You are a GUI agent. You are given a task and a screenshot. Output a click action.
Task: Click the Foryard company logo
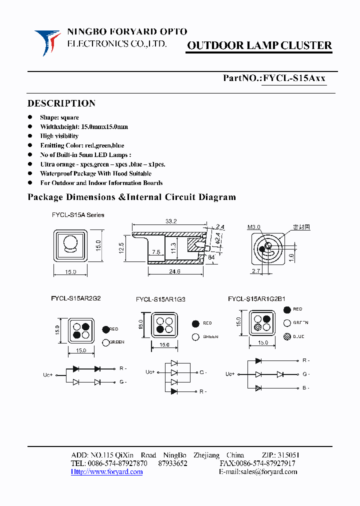[47, 41]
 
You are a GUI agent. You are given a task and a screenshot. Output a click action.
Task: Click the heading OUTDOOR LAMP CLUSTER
[259, 46]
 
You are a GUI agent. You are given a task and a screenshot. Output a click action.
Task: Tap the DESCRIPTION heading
[61, 103]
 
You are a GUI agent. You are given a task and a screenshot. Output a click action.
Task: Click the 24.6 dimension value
[173, 271]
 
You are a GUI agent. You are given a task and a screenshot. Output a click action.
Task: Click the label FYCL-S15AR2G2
[76, 298]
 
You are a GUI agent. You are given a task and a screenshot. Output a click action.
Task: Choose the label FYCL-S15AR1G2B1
[256, 299]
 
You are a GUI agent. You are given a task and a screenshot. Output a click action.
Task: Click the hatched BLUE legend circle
[286, 336]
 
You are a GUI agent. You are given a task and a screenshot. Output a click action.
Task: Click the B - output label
[306, 387]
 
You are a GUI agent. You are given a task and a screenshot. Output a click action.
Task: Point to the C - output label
[203, 372]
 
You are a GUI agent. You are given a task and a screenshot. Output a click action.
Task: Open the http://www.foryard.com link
[107, 471]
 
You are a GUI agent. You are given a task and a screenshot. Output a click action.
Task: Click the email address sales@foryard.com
[268, 471]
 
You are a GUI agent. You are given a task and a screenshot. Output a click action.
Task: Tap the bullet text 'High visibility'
[59, 136]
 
